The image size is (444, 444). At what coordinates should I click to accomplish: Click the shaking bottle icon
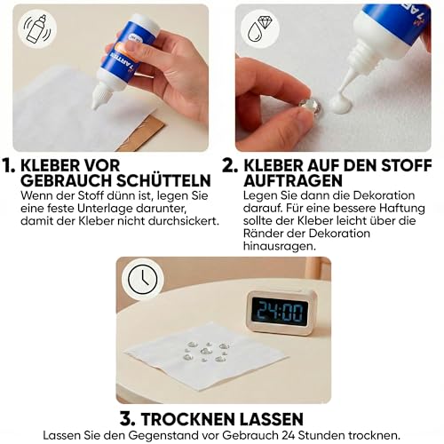click(x=36, y=28)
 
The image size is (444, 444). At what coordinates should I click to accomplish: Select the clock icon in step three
click(x=140, y=280)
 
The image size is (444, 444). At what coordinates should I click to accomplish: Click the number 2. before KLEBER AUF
click(x=229, y=166)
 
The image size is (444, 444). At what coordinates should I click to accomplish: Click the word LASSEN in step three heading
click(x=275, y=417)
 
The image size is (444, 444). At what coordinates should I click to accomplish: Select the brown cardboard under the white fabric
click(x=141, y=134)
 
